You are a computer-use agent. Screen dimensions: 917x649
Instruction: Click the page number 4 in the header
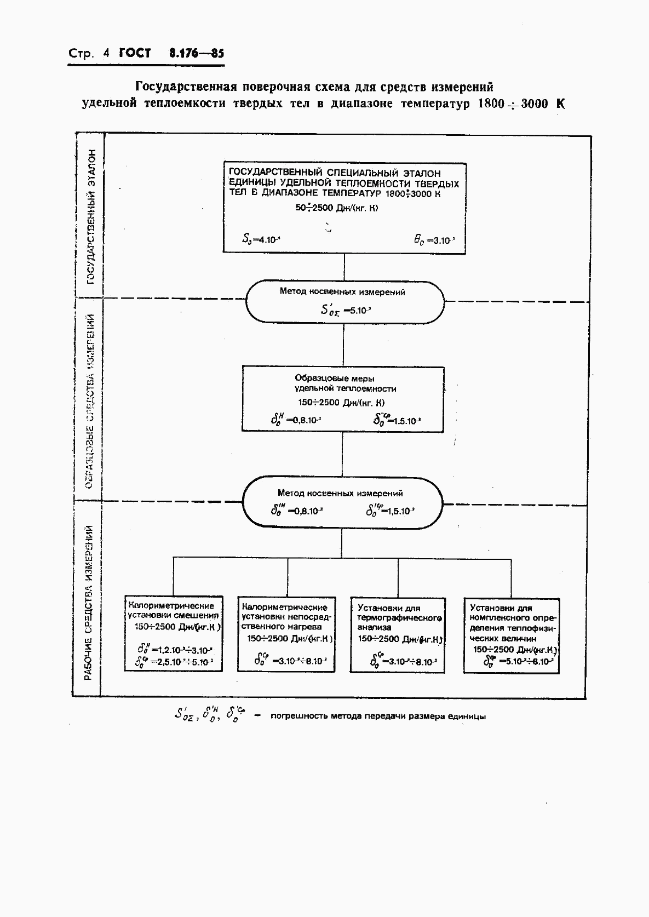pos(106,54)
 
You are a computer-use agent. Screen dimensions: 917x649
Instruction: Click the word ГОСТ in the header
pos(135,54)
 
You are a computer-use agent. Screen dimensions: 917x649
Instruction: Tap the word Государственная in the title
pos(186,87)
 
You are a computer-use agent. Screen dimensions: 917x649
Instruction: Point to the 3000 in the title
pos(534,104)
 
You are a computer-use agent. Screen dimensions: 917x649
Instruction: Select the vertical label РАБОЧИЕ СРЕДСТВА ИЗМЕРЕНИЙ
pos(89,603)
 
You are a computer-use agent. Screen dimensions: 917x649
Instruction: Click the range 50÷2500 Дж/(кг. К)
pos(337,208)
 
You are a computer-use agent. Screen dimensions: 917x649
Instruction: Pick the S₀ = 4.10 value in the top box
pos(261,239)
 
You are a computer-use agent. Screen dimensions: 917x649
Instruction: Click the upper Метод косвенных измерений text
pos(342,292)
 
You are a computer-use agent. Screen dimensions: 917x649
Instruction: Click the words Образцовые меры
pos(335,378)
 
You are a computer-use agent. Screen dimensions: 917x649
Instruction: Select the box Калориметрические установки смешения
pos(174,633)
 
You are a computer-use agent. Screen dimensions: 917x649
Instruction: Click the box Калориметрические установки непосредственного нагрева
pos(286,633)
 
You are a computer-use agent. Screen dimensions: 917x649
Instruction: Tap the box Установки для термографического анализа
pos(398,634)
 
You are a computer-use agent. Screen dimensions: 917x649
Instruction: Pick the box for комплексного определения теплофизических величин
pos(512,634)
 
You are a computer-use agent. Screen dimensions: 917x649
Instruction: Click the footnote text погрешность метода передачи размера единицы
pos(378,716)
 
